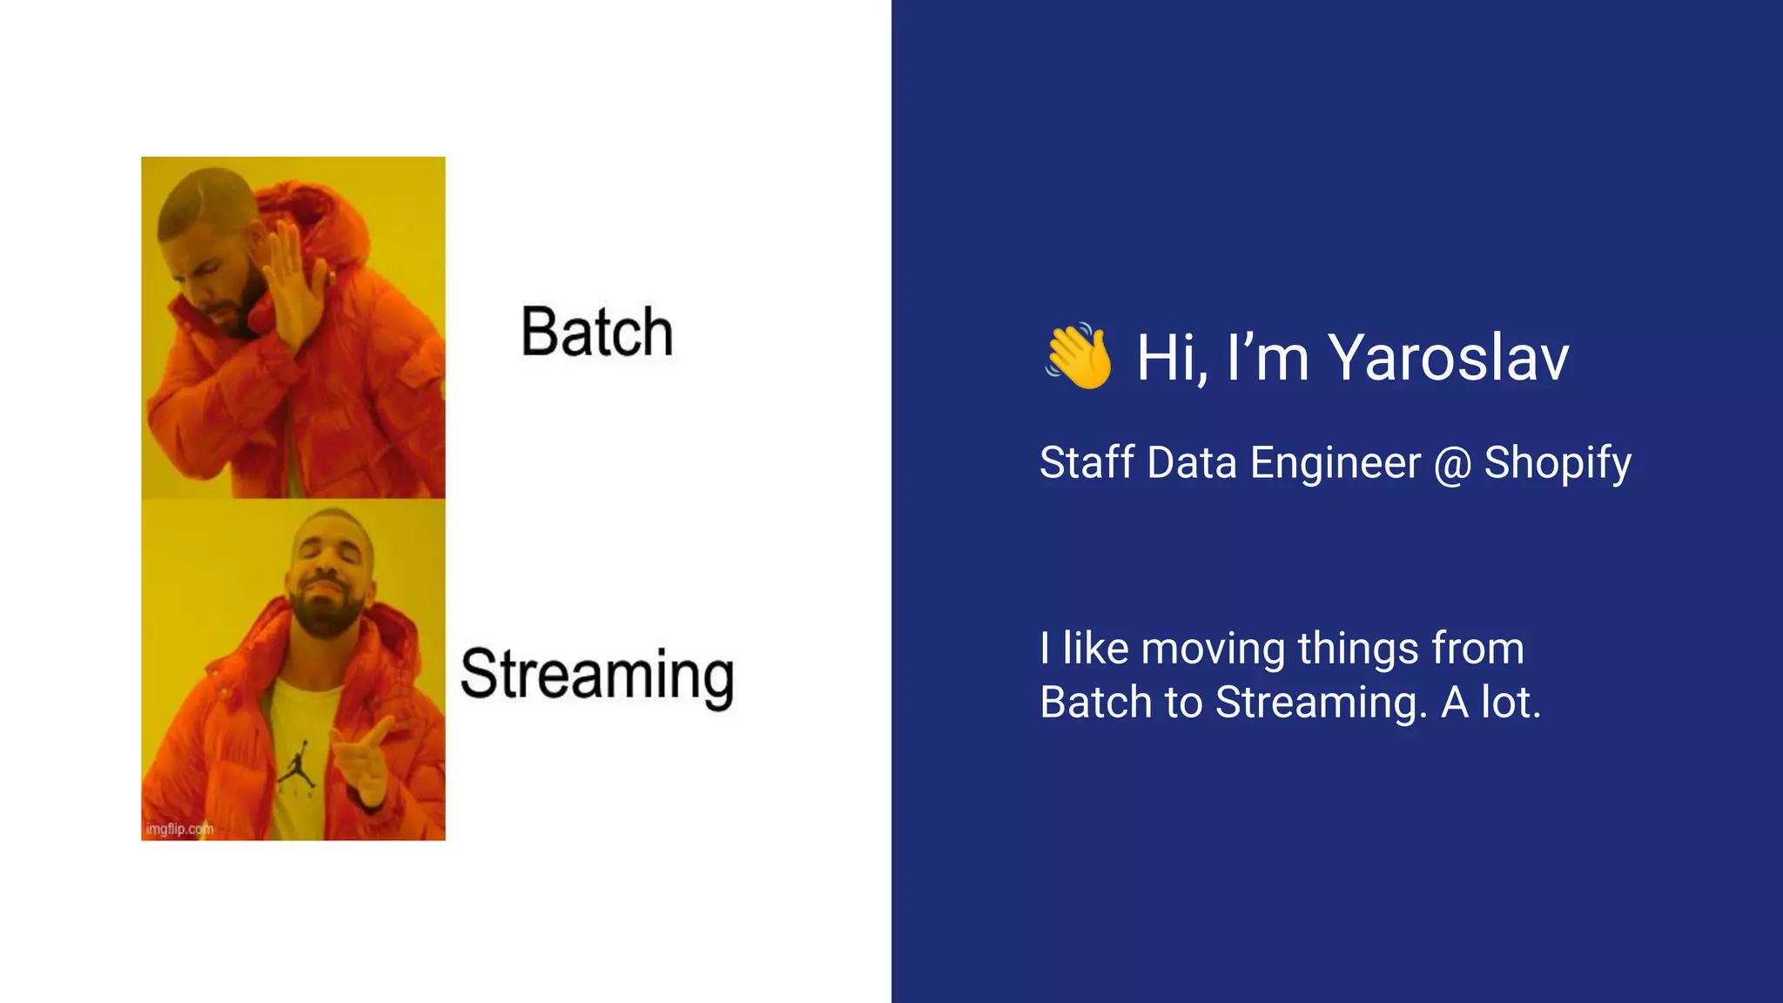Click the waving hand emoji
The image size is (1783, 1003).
(1079, 356)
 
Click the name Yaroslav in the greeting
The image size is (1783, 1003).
(1448, 357)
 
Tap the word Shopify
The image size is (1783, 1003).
(1558, 463)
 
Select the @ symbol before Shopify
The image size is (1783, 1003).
(1452, 463)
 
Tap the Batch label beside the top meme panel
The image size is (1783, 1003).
(597, 332)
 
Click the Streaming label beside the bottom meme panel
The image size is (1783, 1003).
(597, 675)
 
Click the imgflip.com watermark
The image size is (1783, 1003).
(179, 829)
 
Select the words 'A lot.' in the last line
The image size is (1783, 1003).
(1490, 702)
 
